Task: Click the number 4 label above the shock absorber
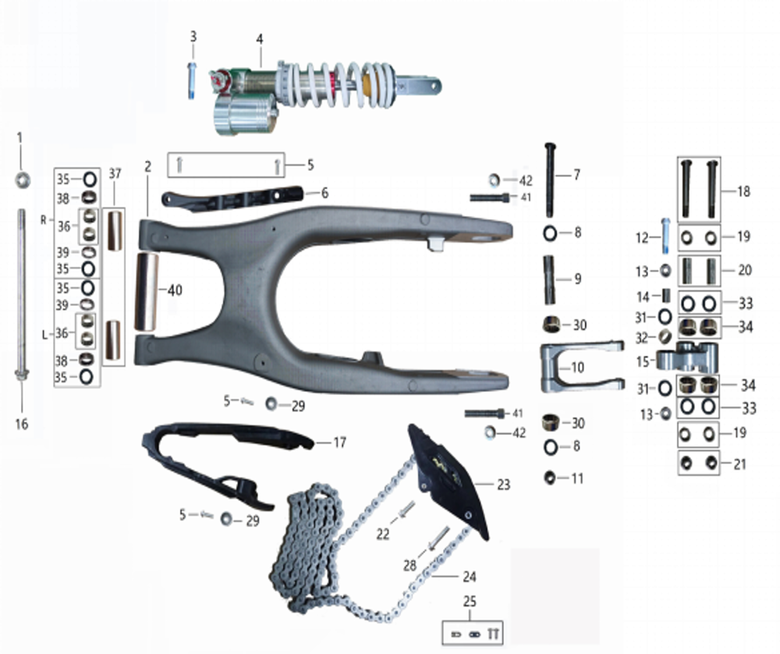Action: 261,39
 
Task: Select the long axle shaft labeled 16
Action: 21,297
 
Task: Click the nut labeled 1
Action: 21,179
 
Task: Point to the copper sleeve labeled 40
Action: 148,290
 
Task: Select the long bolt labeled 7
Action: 551,179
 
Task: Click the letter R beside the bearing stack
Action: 44,221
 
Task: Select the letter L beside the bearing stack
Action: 44,334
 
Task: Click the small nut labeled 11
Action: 551,477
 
